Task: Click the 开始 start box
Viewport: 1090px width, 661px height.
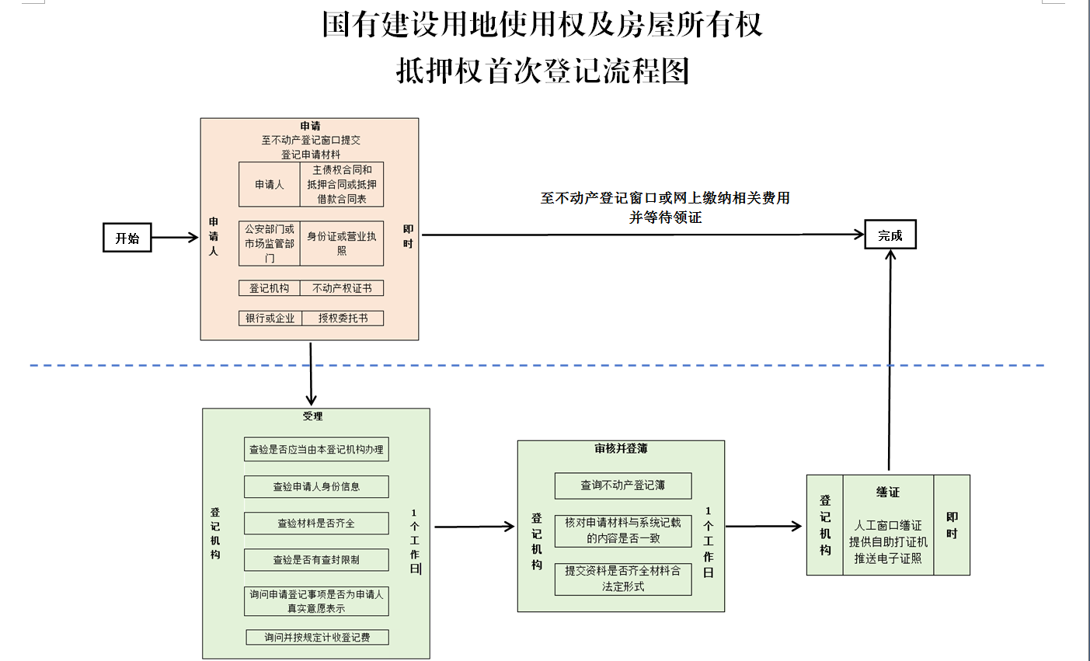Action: tap(127, 238)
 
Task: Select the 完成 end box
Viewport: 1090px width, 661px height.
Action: tap(890, 235)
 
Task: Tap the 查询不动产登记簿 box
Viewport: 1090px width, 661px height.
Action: tap(623, 485)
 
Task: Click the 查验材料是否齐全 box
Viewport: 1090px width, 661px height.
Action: tap(316, 524)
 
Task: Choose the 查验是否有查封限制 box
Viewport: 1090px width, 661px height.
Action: tap(316, 559)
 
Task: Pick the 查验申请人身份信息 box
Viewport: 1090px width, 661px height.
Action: tap(316, 487)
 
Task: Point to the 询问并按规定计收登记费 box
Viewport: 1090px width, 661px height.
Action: tap(317, 638)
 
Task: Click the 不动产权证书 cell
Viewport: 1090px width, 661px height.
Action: tap(342, 288)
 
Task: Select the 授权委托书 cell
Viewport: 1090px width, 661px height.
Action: tap(343, 318)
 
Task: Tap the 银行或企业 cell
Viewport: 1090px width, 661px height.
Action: tap(270, 318)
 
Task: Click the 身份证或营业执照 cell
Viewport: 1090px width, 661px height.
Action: tap(342, 243)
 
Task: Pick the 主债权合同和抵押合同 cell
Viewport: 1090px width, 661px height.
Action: tap(342, 184)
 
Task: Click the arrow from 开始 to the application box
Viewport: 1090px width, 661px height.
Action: tap(175, 238)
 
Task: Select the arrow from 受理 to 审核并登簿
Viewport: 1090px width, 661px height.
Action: tap(473, 527)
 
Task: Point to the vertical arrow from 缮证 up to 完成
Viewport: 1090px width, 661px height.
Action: tap(890, 357)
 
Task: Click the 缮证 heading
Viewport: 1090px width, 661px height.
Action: tap(888, 492)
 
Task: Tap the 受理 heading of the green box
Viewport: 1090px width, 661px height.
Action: tap(312, 416)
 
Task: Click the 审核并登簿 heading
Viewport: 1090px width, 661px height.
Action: tap(621, 449)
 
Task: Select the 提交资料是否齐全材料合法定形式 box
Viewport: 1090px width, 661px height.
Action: tap(623, 579)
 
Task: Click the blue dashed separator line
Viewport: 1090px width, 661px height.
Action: tap(544, 365)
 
